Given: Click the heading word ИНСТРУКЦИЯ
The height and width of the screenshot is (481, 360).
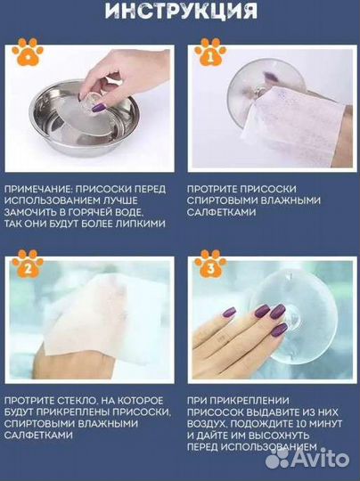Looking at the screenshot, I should tap(180, 12).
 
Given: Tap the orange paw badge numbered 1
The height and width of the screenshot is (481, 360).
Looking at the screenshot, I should tap(210, 54).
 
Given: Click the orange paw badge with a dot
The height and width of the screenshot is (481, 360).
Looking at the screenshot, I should tap(27, 54).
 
